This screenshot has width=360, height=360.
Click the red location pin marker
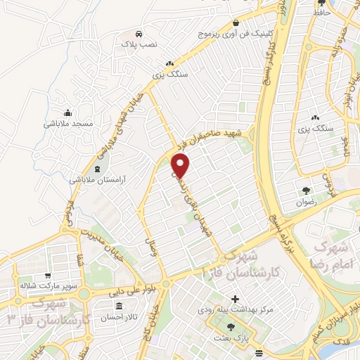(181, 166)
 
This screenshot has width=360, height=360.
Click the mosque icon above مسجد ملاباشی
(67, 112)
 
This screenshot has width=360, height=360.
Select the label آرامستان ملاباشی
(96, 179)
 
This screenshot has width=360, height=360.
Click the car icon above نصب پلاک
(140, 33)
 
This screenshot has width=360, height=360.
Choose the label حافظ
(322, 11)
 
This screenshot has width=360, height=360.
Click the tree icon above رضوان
(306, 190)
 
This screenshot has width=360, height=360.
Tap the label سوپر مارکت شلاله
(48, 286)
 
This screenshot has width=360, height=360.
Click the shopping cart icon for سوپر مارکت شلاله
(48, 276)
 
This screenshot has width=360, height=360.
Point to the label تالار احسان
(117, 316)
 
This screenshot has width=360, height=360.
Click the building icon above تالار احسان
(117, 307)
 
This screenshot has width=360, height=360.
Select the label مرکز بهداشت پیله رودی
(235, 310)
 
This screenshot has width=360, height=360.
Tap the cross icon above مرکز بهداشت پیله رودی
(235, 300)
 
